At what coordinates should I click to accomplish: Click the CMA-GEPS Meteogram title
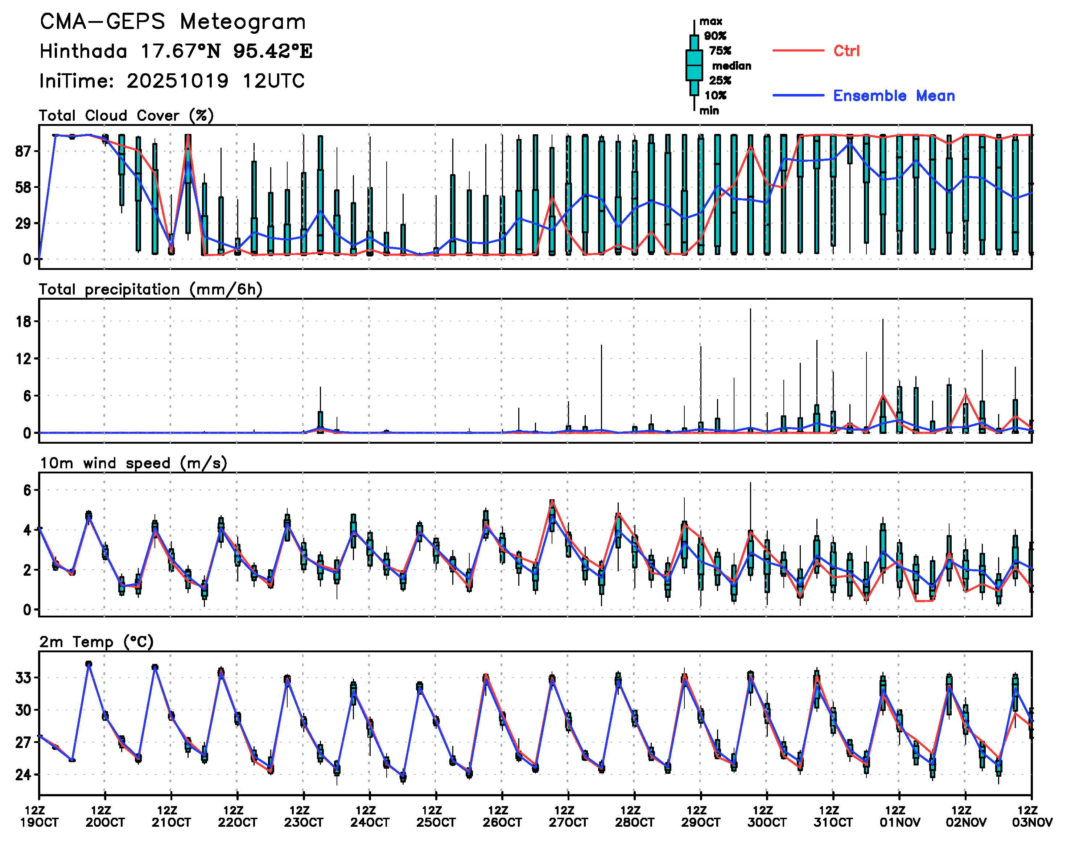[x=173, y=22]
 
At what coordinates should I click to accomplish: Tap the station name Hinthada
[x=83, y=51]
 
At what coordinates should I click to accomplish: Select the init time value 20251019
[x=177, y=81]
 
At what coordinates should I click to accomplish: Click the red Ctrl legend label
[x=846, y=51]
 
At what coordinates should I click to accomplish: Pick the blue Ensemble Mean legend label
[x=894, y=96]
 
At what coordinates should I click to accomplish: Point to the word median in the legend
[x=732, y=66]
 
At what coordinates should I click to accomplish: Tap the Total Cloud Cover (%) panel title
[x=126, y=116]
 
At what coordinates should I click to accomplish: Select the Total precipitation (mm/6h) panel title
[x=150, y=289]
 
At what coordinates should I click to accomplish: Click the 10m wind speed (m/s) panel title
[x=133, y=463]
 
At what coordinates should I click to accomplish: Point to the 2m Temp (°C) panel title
[x=96, y=642]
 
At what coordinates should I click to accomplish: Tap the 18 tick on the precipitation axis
[x=24, y=322]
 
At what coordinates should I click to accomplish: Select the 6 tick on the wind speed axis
[x=27, y=490]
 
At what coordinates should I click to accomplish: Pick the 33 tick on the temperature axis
[x=23, y=678]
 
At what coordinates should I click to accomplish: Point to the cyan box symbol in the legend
[x=694, y=65]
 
